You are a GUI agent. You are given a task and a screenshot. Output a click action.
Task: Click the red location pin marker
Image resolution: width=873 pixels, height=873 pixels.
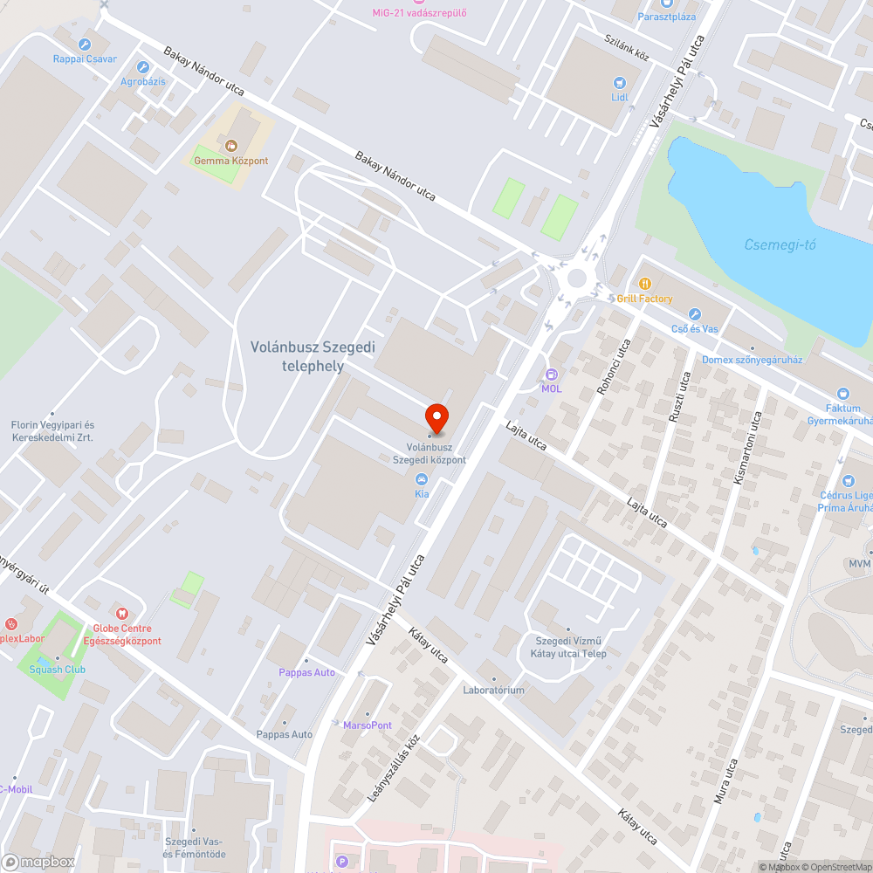(x=436, y=417)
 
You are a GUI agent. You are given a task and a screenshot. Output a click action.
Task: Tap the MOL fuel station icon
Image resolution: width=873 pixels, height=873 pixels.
(x=551, y=374)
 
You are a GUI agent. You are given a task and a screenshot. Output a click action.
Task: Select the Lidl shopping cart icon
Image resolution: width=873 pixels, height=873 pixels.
(x=620, y=83)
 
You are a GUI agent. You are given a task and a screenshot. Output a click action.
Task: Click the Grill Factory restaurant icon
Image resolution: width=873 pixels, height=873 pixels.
(x=645, y=284)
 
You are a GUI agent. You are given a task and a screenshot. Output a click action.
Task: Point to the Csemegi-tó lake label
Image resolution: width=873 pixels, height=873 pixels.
(x=780, y=244)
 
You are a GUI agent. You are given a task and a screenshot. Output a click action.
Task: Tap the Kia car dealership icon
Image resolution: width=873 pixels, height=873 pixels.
(x=422, y=479)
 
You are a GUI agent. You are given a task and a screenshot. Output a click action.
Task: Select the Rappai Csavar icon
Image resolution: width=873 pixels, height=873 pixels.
(x=85, y=45)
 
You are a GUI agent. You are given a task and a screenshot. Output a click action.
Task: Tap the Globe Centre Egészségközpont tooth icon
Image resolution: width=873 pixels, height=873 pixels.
(x=121, y=615)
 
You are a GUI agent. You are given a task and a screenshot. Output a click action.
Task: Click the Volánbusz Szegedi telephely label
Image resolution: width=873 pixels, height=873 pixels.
(x=313, y=356)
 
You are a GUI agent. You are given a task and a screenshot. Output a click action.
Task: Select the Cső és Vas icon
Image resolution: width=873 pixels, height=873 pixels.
(x=695, y=314)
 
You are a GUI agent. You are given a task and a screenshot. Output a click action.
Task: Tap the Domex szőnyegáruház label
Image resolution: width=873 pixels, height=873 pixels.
(x=752, y=360)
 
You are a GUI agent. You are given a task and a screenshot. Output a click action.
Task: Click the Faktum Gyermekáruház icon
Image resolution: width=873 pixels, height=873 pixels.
(x=842, y=394)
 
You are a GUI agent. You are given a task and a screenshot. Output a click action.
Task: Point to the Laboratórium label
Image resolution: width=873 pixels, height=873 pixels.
(x=493, y=690)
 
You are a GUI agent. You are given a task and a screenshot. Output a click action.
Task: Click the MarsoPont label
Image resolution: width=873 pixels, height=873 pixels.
(x=368, y=725)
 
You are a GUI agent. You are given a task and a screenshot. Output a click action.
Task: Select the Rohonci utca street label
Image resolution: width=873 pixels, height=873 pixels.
(x=613, y=367)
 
